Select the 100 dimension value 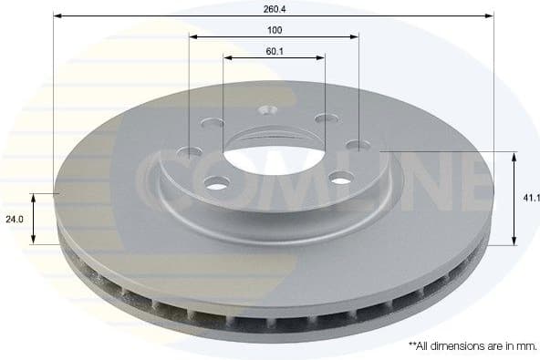click(x=274, y=30)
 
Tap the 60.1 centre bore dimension click(x=274, y=51)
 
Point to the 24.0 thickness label click(x=13, y=219)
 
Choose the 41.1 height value click(x=530, y=197)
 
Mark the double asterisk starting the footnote click(x=411, y=345)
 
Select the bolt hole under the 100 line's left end click(x=190, y=152)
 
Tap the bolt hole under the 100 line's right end click(x=358, y=145)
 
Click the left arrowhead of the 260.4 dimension click(x=57, y=15)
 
